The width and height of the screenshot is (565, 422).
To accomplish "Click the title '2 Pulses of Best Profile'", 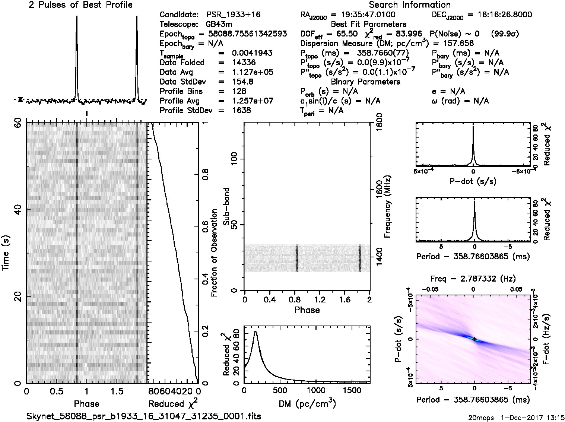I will pos(80,5).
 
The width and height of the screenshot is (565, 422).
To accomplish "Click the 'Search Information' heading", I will pos(410,5).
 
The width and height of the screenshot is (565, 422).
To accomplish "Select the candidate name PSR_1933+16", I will pos(234,15).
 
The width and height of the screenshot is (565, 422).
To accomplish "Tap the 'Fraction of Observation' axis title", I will pos(214,253).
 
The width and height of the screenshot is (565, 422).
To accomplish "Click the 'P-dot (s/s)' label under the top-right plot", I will pos(473,181).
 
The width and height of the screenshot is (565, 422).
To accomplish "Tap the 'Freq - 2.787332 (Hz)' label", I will pos(473,278).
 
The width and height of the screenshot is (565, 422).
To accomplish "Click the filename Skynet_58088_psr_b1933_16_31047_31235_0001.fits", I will pos(144,416).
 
